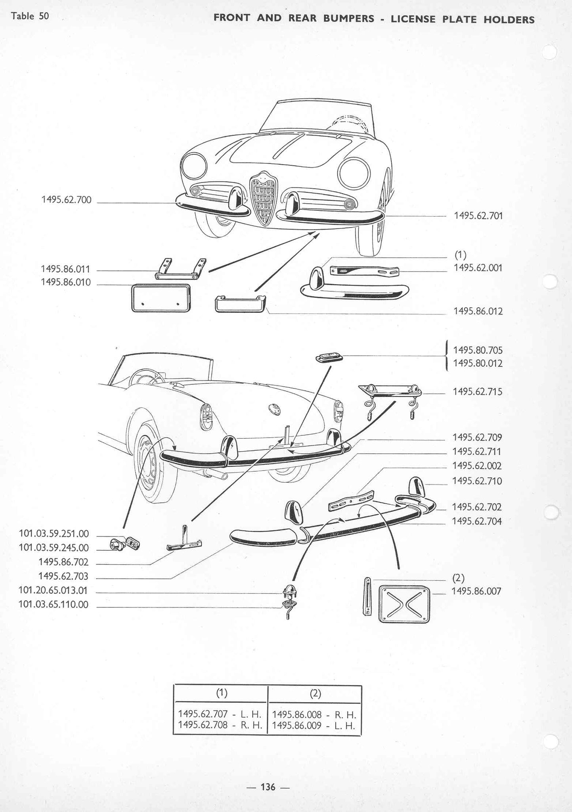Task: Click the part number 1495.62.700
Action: pyautogui.click(x=66, y=200)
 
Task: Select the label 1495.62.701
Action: pyautogui.click(x=478, y=216)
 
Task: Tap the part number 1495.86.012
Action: pyautogui.click(x=478, y=311)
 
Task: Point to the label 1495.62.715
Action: pyautogui.click(x=478, y=392)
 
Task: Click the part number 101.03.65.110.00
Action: pyautogui.click(x=54, y=605)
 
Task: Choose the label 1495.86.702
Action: pyautogui.click(x=63, y=562)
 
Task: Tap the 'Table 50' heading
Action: pyautogui.click(x=30, y=16)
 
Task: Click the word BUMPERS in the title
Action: pyautogui.click(x=348, y=19)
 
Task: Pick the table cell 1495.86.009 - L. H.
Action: pyautogui.click(x=314, y=726)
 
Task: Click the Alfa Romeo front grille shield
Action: pyautogui.click(x=263, y=198)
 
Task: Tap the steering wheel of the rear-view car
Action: pyautogui.click(x=146, y=377)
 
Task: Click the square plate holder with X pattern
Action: pyautogui.click(x=404, y=604)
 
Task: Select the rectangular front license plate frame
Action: pyautogui.click(x=161, y=298)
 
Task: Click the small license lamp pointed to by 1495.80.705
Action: pyautogui.click(x=329, y=358)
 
